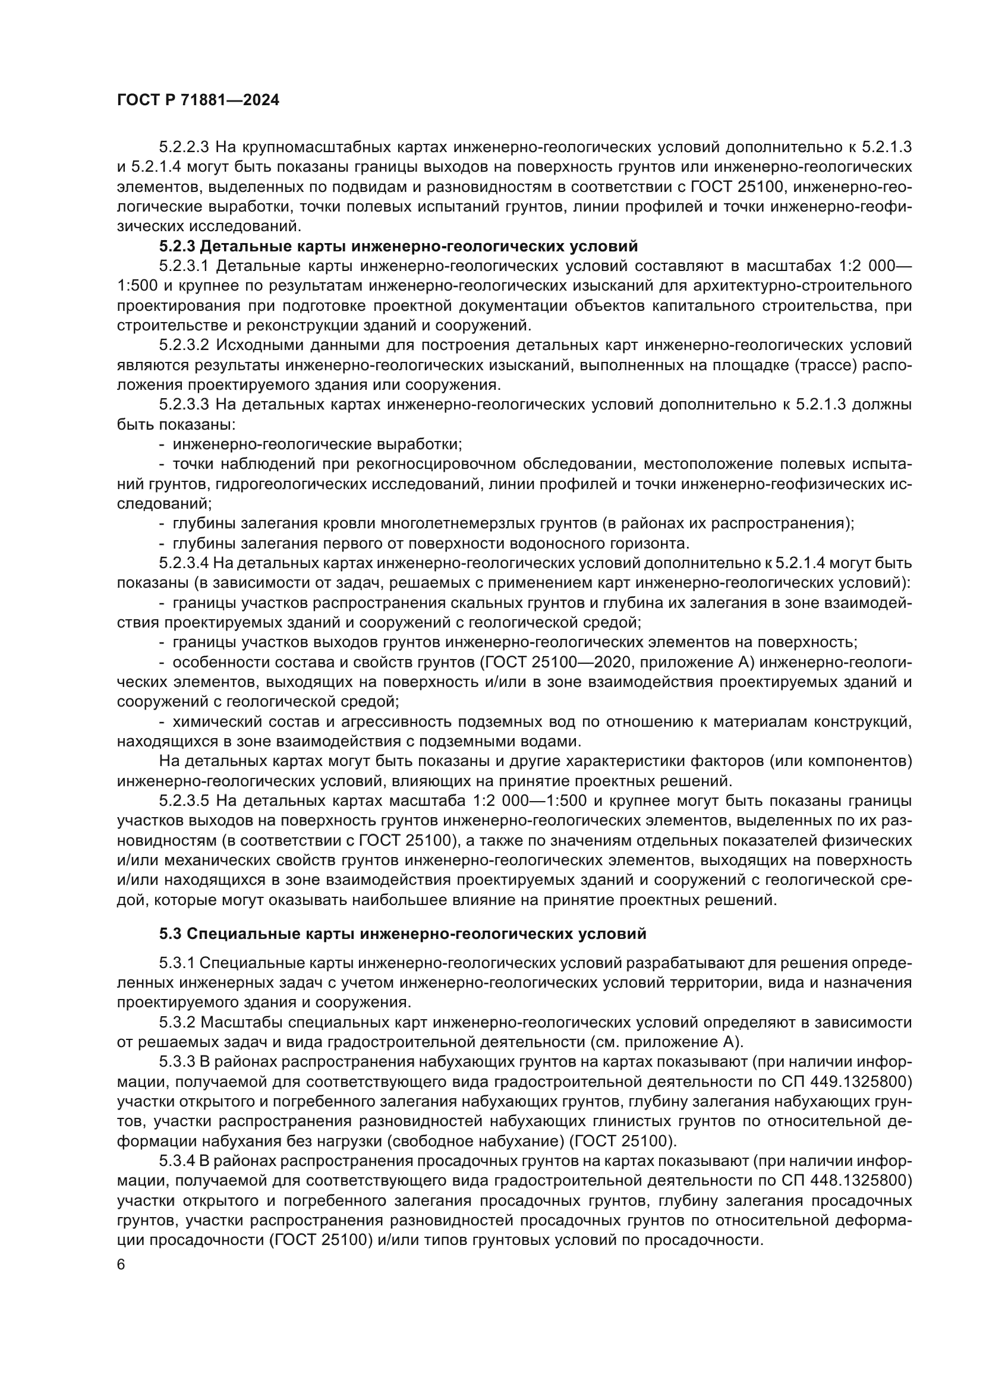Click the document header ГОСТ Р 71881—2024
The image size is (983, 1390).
198,100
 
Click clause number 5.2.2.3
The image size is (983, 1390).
184,147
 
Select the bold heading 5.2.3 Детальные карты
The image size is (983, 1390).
398,247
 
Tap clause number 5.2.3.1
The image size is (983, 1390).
184,266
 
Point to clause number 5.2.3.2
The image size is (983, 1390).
184,345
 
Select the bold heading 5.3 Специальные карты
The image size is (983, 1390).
402,934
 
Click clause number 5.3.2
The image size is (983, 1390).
176,1023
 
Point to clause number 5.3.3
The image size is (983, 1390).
176,1062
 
